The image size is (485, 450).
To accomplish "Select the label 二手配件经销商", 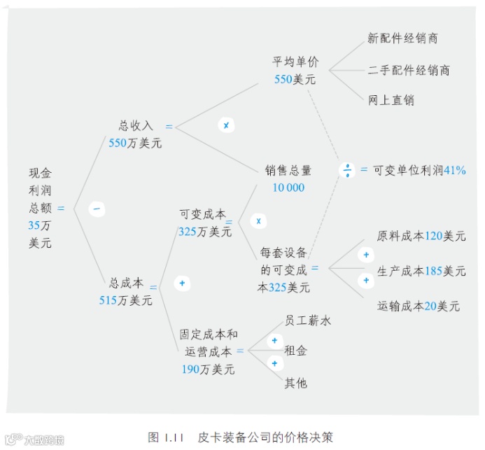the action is [x=409, y=70].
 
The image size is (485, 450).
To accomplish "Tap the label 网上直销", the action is [x=391, y=100].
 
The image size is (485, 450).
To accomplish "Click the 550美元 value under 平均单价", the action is [x=295, y=80].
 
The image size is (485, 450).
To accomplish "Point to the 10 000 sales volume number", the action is [x=288, y=188].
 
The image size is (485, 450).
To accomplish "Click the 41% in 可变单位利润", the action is [x=455, y=170].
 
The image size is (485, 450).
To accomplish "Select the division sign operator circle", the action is [x=347, y=170].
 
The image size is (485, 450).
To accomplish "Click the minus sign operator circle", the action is [x=97, y=209].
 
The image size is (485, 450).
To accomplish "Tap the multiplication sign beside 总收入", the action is [x=226, y=125].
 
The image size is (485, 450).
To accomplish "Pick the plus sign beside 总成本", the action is [x=182, y=283].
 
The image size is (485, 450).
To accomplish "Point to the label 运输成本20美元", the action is [x=419, y=306].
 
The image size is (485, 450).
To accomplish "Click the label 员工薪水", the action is [x=307, y=321].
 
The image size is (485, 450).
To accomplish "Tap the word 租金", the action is [x=295, y=351].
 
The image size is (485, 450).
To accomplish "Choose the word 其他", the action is [x=295, y=384].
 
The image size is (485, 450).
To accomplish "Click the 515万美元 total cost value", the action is [x=125, y=301].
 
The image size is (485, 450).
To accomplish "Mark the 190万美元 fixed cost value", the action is [x=208, y=369].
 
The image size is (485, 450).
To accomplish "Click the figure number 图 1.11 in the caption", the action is [x=165, y=437].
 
